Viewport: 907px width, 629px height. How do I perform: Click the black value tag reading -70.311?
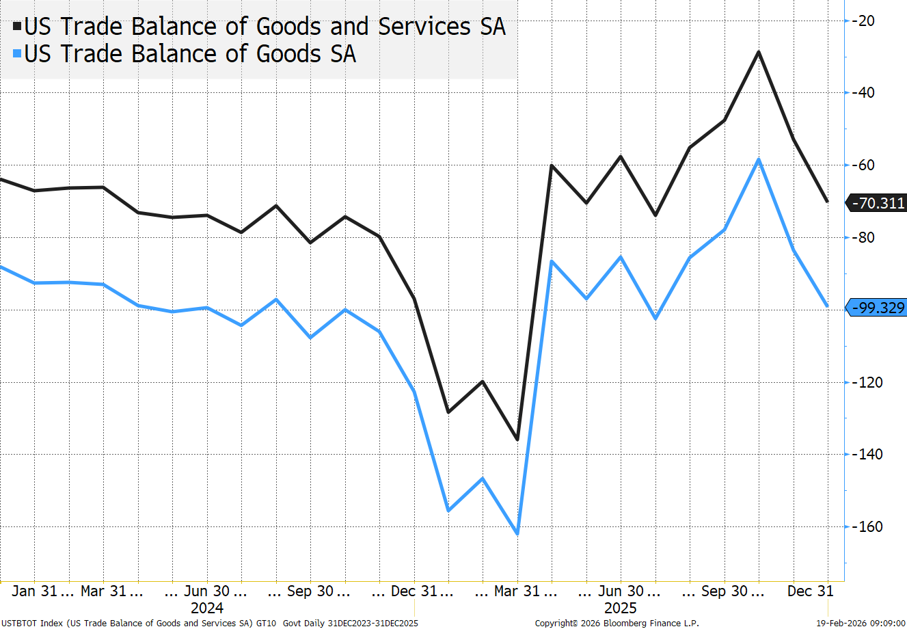[x=876, y=203]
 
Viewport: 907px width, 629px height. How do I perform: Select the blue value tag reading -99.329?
[x=876, y=308]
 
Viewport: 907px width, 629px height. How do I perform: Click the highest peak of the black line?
[x=759, y=52]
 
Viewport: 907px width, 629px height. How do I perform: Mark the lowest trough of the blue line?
[x=517, y=534]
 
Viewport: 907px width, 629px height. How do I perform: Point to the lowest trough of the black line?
[x=517, y=439]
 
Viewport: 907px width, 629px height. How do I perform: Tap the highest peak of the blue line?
[x=759, y=160]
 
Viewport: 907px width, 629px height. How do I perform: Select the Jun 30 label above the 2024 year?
[x=207, y=591]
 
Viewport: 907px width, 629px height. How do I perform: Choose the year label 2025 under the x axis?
[x=620, y=608]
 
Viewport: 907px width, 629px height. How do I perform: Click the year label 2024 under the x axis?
[x=207, y=608]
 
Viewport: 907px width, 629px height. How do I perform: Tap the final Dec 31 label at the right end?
[x=811, y=591]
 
